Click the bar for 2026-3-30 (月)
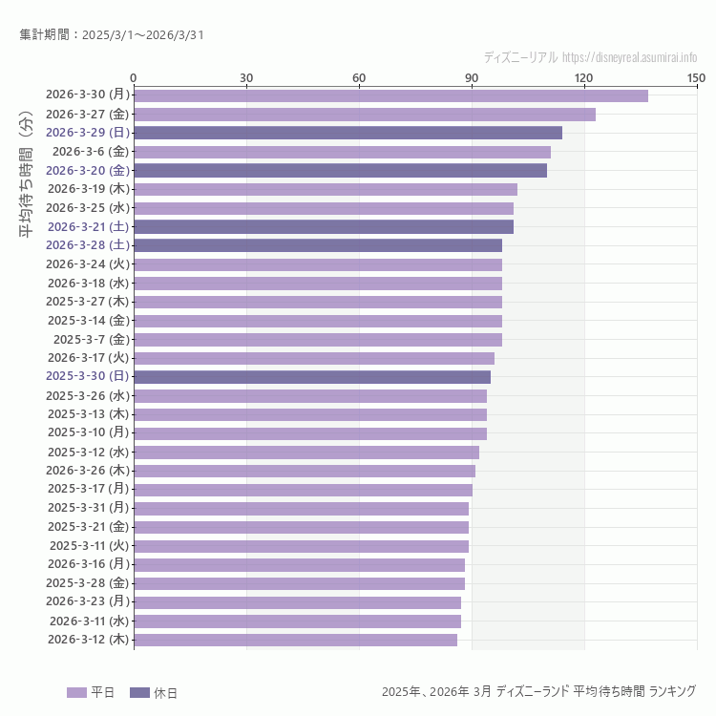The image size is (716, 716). coord(390,95)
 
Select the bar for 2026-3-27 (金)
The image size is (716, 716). coord(365,115)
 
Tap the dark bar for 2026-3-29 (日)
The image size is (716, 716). coord(347,133)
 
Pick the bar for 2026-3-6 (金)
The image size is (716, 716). coord(342,152)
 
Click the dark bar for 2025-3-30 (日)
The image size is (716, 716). coord(312,377)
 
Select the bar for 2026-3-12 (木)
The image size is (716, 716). coord(295,640)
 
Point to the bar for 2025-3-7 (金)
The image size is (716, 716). coord(318,340)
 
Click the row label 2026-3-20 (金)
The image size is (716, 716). coord(87,170)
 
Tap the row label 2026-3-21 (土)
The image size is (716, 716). coord(88,226)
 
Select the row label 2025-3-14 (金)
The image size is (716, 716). coord(87,321)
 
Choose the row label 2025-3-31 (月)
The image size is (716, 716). coord(87,508)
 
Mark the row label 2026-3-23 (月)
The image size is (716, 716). coord(87,601)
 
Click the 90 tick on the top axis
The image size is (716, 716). coord(472,77)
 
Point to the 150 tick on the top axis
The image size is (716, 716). coord(696,77)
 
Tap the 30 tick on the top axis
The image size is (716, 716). coord(246,77)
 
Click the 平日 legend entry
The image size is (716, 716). coord(91,692)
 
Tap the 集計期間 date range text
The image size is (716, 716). coord(111,35)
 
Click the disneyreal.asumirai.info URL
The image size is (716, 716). coord(629,57)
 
